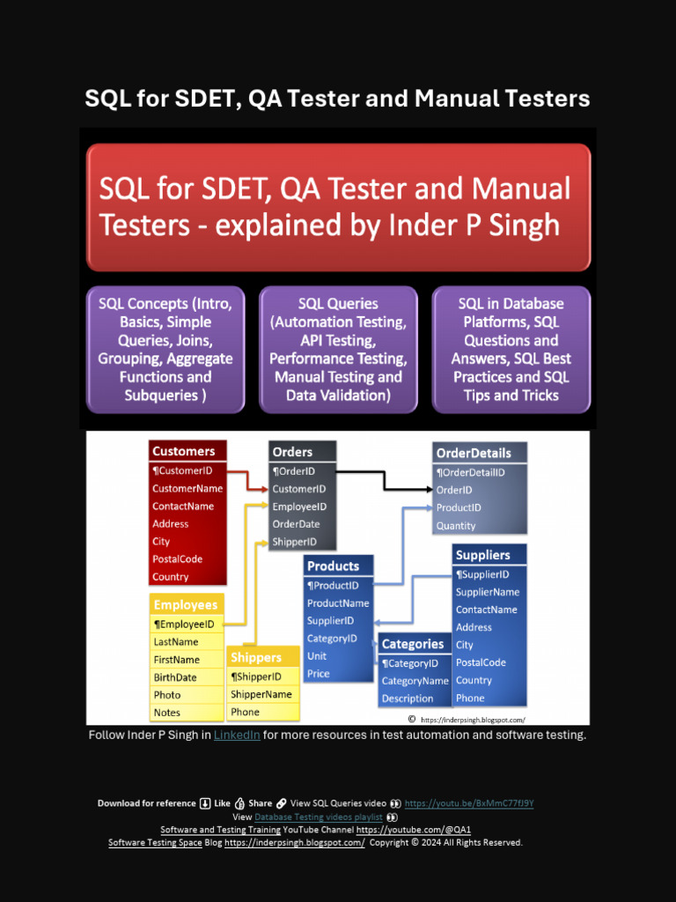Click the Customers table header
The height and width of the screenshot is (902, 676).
[x=187, y=451]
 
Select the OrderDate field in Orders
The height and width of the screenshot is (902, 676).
[x=297, y=524]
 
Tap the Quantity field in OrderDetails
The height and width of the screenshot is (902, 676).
[x=456, y=526]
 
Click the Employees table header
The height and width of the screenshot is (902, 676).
[x=186, y=605]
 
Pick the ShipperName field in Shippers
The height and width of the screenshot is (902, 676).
[x=261, y=694]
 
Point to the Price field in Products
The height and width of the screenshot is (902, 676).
[x=319, y=674]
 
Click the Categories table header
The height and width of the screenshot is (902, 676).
[x=414, y=644]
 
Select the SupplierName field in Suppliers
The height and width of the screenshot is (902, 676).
[x=488, y=592]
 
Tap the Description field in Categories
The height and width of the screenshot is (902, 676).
[x=408, y=699]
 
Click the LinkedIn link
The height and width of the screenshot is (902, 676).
[x=237, y=735]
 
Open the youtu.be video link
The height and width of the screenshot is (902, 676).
[x=469, y=803]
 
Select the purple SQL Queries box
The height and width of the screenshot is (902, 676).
[x=338, y=349]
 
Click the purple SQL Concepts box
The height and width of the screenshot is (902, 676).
[x=165, y=349]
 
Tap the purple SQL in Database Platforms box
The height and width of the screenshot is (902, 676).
[x=511, y=349]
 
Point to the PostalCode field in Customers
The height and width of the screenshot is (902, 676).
[x=177, y=559]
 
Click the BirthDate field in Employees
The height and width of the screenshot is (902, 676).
[x=175, y=677]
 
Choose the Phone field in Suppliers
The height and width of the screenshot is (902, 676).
[x=470, y=698]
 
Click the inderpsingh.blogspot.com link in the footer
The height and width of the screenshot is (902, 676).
[x=294, y=843]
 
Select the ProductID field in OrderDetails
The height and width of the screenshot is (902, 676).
[x=459, y=508]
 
